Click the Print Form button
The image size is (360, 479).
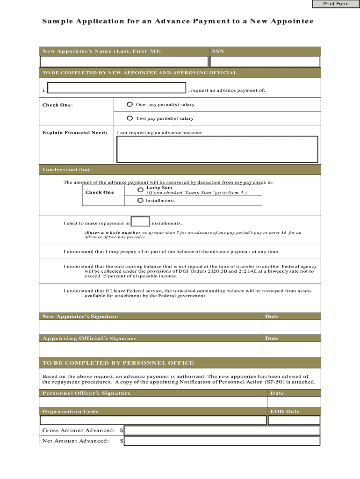point(336,4)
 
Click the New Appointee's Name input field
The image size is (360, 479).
point(124,62)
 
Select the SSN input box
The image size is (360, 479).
point(265,62)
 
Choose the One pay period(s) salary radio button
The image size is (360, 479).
point(130,104)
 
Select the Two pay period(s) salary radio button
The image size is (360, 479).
point(130,118)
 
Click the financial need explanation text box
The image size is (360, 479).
point(217,149)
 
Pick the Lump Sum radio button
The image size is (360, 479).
point(140,190)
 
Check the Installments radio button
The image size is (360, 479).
point(140,201)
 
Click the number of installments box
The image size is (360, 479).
point(141,222)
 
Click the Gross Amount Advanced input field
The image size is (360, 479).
point(222,430)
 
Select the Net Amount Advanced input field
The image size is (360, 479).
point(222,441)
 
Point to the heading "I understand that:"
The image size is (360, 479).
point(67,169)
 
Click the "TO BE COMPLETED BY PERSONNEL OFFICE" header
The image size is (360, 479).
point(118,363)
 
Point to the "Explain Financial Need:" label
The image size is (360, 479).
point(75,133)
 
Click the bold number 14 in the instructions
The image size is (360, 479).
point(283,232)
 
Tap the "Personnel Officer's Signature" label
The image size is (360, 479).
point(86,393)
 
